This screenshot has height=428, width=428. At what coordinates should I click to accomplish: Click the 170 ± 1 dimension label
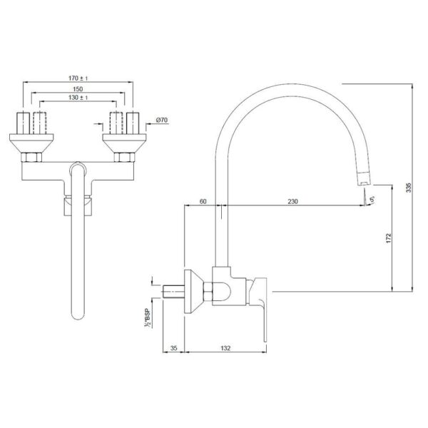tap(78, 78)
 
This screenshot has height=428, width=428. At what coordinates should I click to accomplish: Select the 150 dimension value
tap(78, 89)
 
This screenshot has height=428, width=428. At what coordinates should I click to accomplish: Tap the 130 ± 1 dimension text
tap(78, 98)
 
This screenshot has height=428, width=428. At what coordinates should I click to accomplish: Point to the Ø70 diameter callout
tap(162, 120)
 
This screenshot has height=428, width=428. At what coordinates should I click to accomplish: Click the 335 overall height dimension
tap(409, 188)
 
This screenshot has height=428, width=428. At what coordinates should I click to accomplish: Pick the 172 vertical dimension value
tap(389, 238)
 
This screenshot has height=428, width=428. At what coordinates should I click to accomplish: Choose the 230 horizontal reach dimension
tap(293, 202)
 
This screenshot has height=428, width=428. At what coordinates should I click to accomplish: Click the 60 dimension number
tap(203, 202)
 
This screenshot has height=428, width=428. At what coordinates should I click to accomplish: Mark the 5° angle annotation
tap(372, 200)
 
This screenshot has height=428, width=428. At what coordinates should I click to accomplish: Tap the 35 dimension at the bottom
tap(173, 348)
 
